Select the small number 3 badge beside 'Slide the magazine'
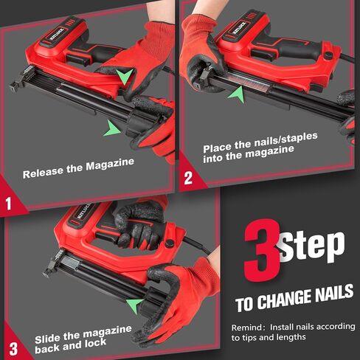click(x=13, y=347)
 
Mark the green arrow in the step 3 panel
click(x=134, y=302)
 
